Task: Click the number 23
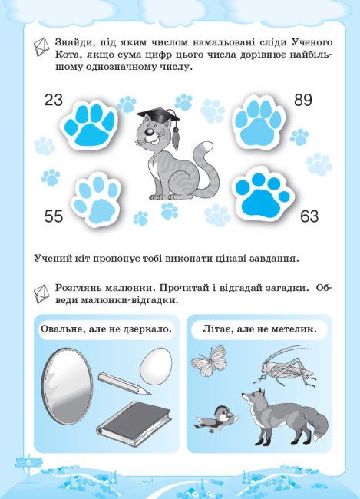click(54, 100)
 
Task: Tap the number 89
click(303, 100)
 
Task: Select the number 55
click(54, 216)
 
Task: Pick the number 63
click(309, 216)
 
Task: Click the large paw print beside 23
click(90, 124)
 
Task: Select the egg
click(156, 366)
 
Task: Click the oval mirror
click(67, 386)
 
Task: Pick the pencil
click(124, 384)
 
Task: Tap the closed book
click(134, 424)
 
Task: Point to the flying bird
click(216, 418)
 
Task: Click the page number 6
click(28, 462)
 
